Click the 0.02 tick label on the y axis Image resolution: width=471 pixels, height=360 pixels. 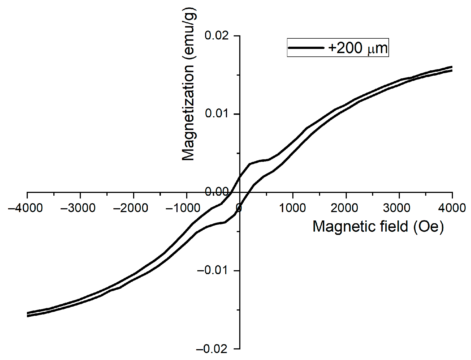(216, 36)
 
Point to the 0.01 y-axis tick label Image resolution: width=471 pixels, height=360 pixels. (216, 113)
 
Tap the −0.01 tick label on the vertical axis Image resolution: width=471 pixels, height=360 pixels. (212, 270)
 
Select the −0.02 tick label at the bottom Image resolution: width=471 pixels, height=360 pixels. (212, 349)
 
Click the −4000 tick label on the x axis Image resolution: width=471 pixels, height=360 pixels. (26, 208)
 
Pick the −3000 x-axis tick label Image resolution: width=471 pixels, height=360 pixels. (78, 208)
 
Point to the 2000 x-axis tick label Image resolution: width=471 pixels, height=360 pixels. (346, 208)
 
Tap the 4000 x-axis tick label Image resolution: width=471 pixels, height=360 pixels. (452, 208)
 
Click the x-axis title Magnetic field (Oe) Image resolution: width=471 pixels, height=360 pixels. (378, 227)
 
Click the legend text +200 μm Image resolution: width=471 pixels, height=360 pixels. (358, 48)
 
